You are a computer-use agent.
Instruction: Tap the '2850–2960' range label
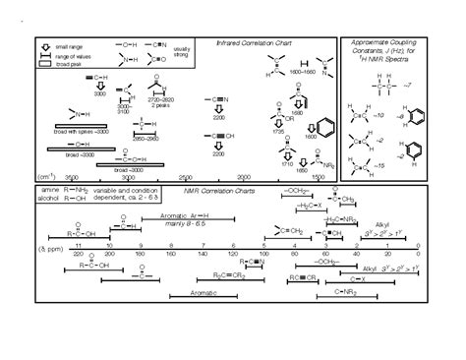click(144, 140)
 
